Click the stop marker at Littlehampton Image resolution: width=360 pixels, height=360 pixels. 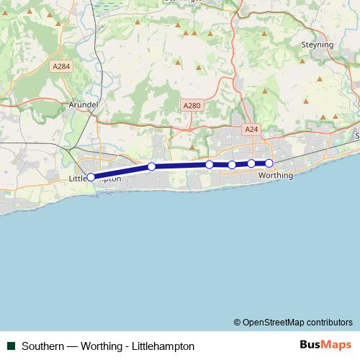91,176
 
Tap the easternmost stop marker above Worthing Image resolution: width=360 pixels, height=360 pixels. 269,163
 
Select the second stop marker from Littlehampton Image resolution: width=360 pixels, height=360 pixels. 152,167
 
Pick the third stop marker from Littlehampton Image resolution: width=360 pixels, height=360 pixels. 210,165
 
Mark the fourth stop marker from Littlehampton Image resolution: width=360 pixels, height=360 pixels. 232,165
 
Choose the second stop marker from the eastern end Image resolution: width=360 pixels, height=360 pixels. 251,163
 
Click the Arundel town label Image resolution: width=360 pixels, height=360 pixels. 82,104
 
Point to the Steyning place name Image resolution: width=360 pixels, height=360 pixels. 317,45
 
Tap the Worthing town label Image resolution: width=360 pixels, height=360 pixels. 275,175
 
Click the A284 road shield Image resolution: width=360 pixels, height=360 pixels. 61,66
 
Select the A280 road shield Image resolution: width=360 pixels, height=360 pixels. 191,105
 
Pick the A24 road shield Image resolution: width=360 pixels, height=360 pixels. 251,129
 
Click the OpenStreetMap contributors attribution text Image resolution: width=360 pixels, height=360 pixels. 297,322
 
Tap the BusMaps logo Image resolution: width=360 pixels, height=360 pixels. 326,345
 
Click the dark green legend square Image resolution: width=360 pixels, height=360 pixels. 12,346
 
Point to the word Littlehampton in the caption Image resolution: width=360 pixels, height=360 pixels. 164,346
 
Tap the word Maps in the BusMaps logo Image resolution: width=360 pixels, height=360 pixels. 336,345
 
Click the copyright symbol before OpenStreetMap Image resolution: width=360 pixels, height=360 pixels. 237,322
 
